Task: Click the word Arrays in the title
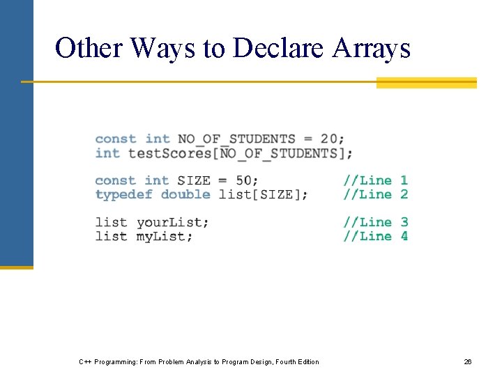pyautogui.click(x=372, y=48)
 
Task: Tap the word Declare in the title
pyautogui.click(x=278, y=48)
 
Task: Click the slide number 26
pyautogui.click(x=468, y=361)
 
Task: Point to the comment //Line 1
pyautogui.click(x=375, y=180)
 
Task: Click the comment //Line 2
pyautogui.click(x=375, y=194)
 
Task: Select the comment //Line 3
pyautogui.click(x=375, y=222)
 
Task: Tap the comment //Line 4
pyautogui.click(x=375, y=236)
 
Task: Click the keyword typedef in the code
pyautogui.click(x=123, y=194)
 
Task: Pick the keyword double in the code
pyautogui.click(x=185, y=194)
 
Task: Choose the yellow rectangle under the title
pyautogui.click(x=426, y=83)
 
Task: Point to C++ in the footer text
pyautogui.click(x=86, y=361)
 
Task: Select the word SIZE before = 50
pyautogui.click(x=194, y=180)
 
